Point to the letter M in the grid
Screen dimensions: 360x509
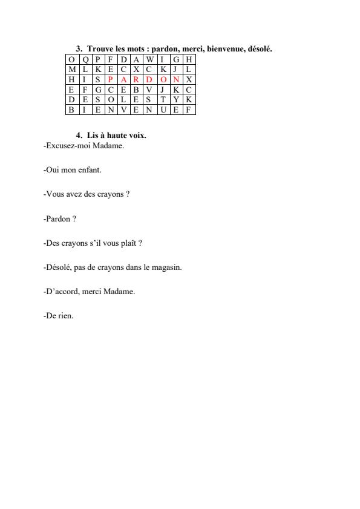pos(72,70)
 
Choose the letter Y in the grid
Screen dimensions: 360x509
pos(176,100)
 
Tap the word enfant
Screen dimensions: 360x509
pos(90,171)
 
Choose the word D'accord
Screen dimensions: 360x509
pos(62,291)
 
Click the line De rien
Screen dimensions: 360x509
pos(59,315)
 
